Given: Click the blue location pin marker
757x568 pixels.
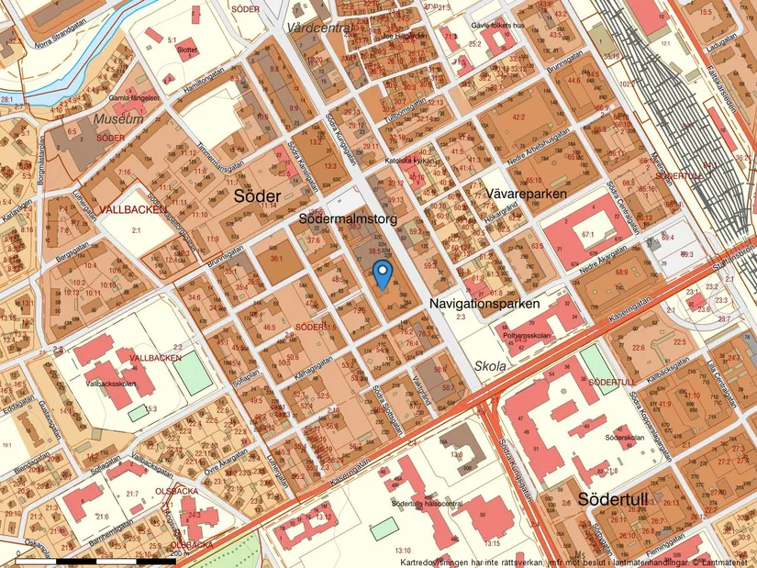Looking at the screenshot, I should (x=383, y=273).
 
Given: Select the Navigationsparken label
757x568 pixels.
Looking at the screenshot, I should (x=485, y=302).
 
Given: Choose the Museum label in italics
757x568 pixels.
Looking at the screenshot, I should (x=117, y=119).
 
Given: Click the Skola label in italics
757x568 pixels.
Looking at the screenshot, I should (x=490, y=365).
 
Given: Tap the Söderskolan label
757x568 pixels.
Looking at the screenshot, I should (x=624, y=438).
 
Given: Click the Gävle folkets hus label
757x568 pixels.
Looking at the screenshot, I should (x=496, y=26).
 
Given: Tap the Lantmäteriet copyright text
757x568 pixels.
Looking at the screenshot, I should (x=719, y=562).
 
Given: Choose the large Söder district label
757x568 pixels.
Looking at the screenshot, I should (x=257, y=196).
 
